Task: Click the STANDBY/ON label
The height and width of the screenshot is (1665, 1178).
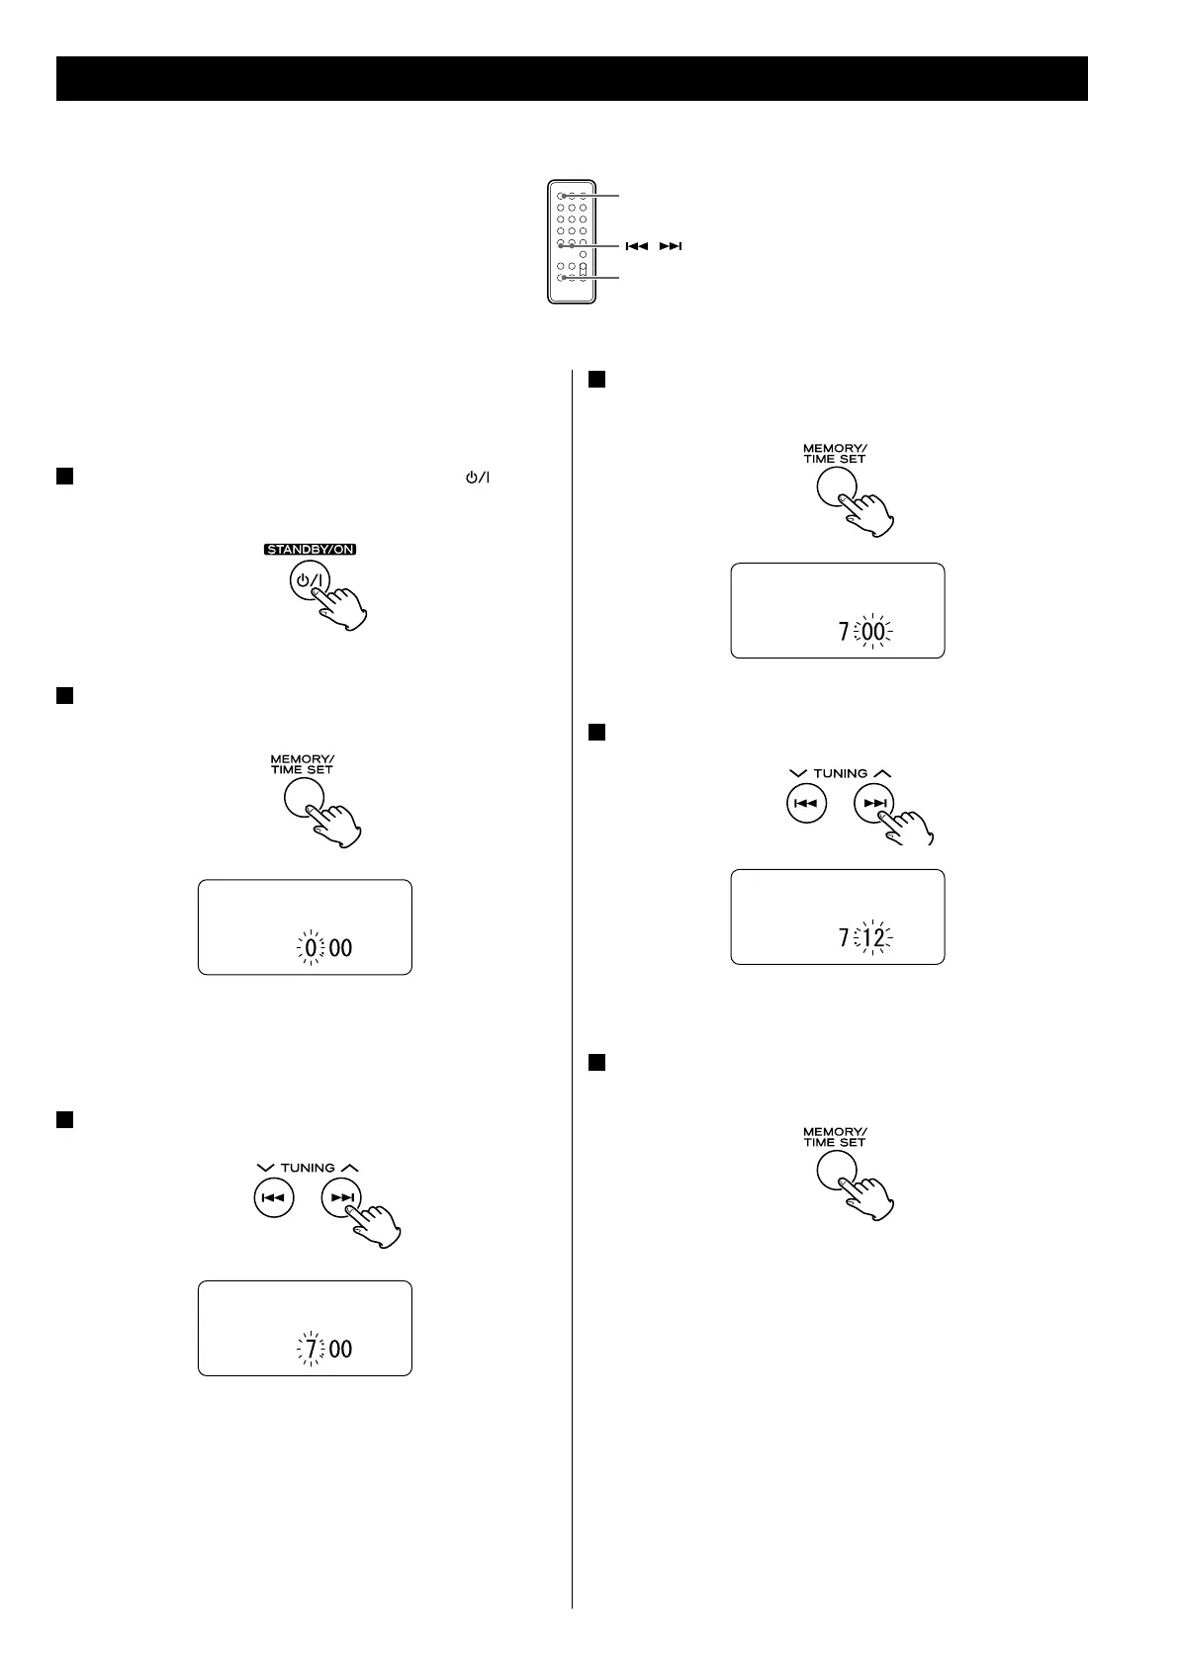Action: pos(310,550)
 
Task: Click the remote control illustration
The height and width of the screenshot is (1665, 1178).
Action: pos(572,240)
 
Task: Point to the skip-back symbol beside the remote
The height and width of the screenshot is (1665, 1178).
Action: pos(635,245)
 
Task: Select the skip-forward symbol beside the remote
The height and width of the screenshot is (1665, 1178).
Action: pos(671,245)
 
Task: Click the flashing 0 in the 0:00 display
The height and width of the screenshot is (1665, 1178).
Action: pos(312,948)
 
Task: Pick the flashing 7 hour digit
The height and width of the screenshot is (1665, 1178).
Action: pos(312,1349)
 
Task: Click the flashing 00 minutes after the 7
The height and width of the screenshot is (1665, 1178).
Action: pos(873,631)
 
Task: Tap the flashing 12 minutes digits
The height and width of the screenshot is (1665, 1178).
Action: pos(873,937)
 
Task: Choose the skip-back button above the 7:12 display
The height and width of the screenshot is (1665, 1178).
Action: pos(806,804)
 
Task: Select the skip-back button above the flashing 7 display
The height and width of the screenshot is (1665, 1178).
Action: pos(274,1198)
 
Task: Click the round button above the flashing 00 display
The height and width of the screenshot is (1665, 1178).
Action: pos(836,486)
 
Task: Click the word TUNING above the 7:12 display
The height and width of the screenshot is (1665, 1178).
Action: pos(840,773)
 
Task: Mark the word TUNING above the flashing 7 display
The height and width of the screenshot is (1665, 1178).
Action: pos(308,1168)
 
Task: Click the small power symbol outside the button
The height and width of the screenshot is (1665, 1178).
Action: pos(479,478)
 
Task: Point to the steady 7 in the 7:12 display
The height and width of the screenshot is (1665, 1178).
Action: pos(844,937)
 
